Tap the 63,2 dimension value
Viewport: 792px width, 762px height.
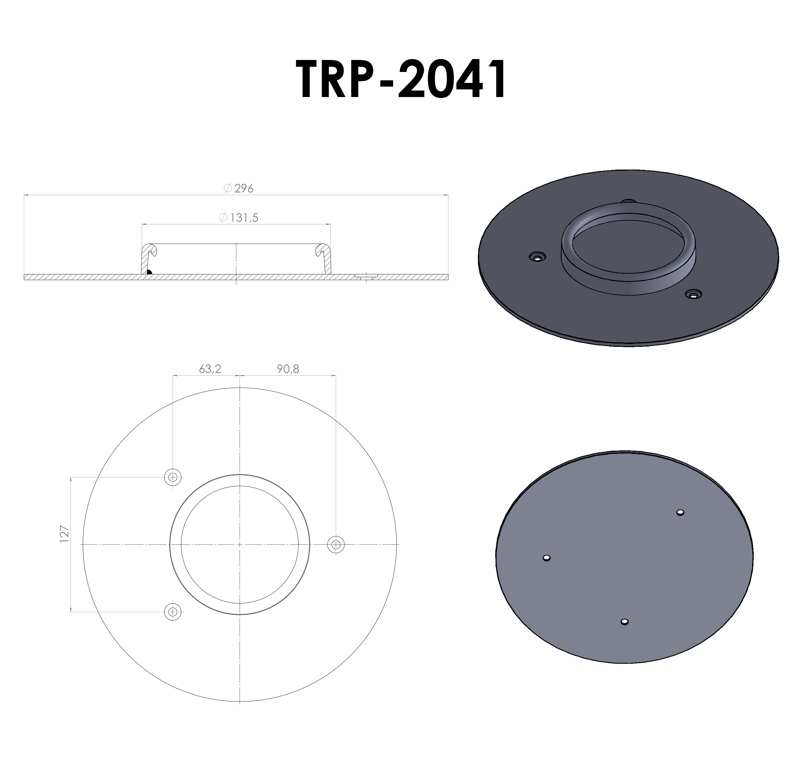click(x=210, y=369)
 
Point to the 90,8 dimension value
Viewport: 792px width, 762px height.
click(x=288, y=369)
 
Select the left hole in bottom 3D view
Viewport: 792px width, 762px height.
click(x=546, y=558)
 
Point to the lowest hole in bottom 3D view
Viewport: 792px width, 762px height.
click(x=624, y=622)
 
